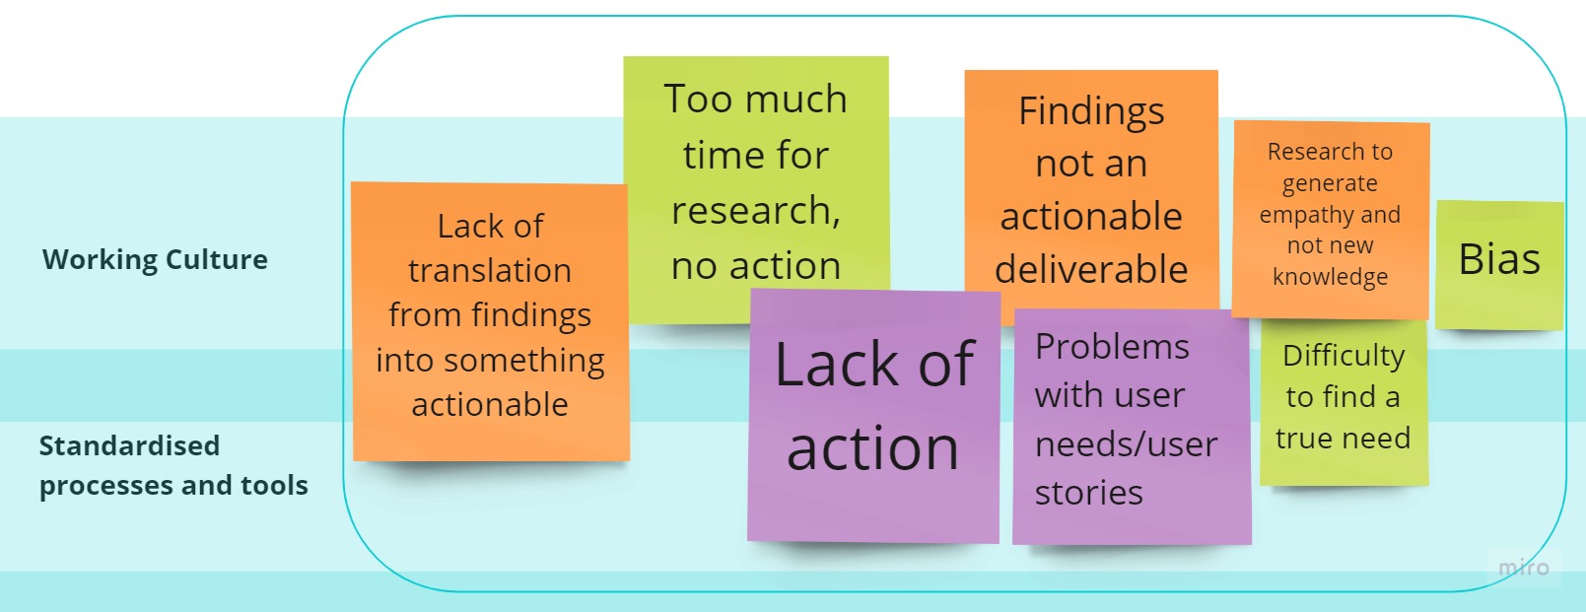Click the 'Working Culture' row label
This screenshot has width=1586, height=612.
pyautogui.click(x=155, y=259)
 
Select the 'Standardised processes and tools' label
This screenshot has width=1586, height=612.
pyautogui.click(x=172, y=465)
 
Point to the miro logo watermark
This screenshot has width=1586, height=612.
pyautogui.click(x=1523, y=568)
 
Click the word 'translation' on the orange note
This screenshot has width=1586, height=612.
pyautogui.click(x=490, y=270)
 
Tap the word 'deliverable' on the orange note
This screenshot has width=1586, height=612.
pyautogui.click(x=1091, y=269)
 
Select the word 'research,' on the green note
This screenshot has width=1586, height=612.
pyautogui.click(x=756, y=210)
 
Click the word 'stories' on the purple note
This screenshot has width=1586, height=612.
pyautogui.click(x=1088, y=493)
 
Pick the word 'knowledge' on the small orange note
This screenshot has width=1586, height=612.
pyautogui.click(x=1330, y=277)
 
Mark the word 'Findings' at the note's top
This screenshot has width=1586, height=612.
pyautogui.click(x=1091, y=111)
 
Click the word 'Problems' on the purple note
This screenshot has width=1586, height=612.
pyautogui.click(x=1112, y=347)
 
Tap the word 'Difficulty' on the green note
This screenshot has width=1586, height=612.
pyautogui.click(x=1344, y=355)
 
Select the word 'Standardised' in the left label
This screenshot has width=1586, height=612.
pyautogui.click(x=129, y=445)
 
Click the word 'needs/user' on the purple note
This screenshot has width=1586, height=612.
pyautogui.click(x=1126, y=444)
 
